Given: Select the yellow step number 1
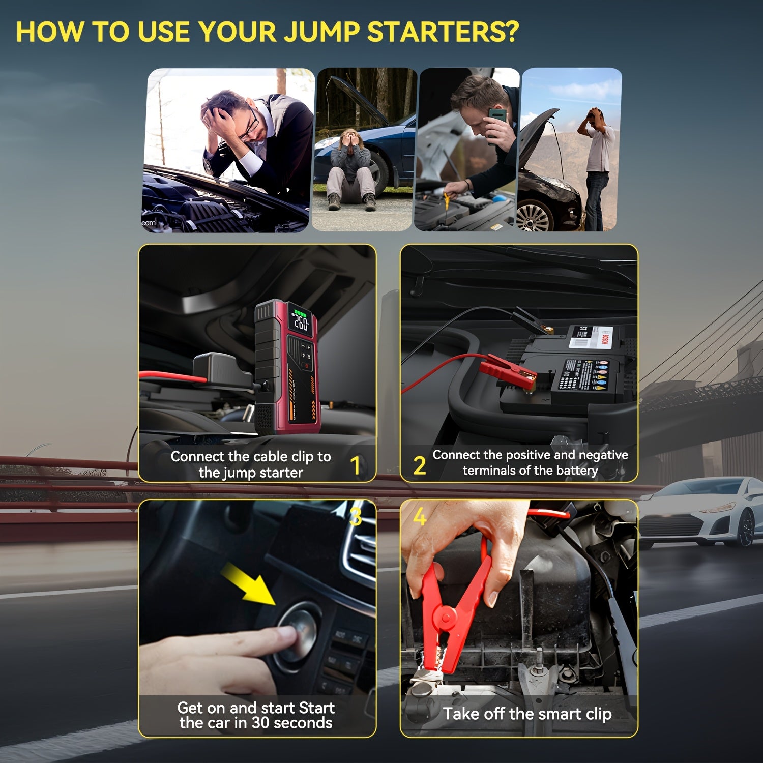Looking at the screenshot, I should (356, 465).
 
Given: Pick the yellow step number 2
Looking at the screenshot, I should (419, 465).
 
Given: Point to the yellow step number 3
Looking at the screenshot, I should (356, 516).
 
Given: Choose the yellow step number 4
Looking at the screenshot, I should (419, 517).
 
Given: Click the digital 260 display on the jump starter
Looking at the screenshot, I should (301, 322).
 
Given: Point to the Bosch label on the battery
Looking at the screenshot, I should (605, 336).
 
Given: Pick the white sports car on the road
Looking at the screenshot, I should (699, 514).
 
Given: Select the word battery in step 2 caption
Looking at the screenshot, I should (576, 471).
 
